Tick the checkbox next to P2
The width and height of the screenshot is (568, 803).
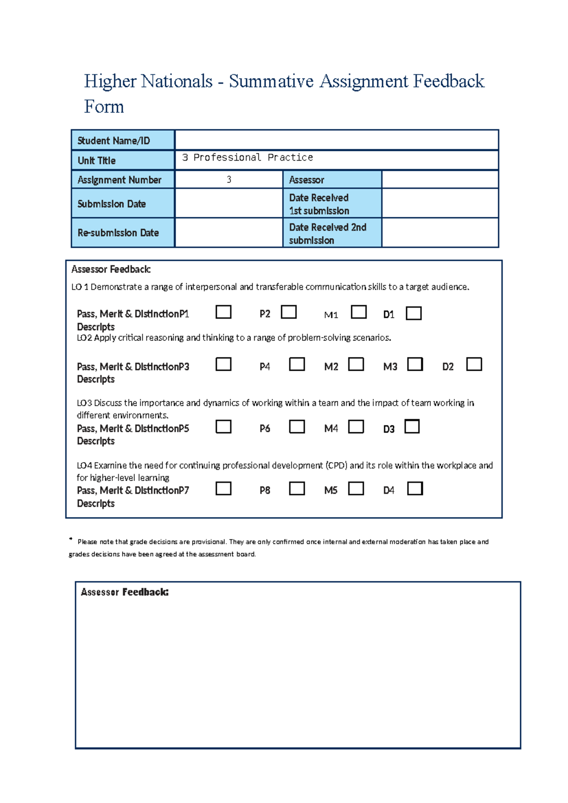coord(289,312)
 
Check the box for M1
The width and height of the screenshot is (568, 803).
coord(359,312)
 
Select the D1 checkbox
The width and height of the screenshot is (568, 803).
coord(414,313)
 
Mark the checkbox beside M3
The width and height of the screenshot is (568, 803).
coord(415,364)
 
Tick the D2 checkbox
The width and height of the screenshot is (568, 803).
coord(474,364)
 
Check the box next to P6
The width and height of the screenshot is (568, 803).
coord(297,427)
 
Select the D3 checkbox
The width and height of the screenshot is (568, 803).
coord(412,426)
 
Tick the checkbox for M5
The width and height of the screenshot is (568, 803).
coord(356,488)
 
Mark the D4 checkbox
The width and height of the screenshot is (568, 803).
coord(415,488)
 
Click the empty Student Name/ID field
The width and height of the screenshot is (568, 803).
coord(336,140)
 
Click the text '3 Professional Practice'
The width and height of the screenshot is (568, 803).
coord(247,157)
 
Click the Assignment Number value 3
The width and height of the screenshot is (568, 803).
coord(229,179)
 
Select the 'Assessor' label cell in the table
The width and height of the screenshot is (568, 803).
coord(307,180)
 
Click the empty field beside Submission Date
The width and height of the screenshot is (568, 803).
coord(229,204)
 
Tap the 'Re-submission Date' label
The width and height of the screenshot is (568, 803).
coord(118,233)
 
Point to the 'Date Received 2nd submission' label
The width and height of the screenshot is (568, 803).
coord(328,233)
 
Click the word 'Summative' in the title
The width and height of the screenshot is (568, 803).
coord(271,81)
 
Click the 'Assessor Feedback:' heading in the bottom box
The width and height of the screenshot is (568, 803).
coord(124,592)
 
